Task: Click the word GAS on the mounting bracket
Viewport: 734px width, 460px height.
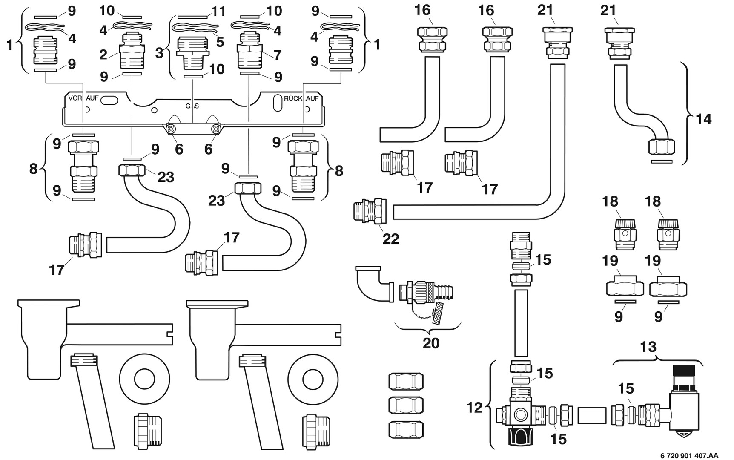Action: coord(192,106)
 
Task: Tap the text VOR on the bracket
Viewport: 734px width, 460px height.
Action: coord(75,98)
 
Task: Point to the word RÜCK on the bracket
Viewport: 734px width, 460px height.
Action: coord(293,98)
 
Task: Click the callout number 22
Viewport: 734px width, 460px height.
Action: coord(390,239)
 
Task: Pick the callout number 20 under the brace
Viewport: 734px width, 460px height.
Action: coord(430,343)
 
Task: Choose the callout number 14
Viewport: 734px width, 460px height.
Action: coord(703,119)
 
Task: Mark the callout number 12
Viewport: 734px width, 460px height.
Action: coord(474,408)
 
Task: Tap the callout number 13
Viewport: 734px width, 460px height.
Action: coord(648,347)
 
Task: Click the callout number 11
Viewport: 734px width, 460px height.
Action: coord(218,11)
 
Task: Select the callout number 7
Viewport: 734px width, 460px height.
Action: coord(278,55)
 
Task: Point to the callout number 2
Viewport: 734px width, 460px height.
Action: coord(103,55)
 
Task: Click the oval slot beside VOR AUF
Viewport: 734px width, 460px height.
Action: coord(110,101)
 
